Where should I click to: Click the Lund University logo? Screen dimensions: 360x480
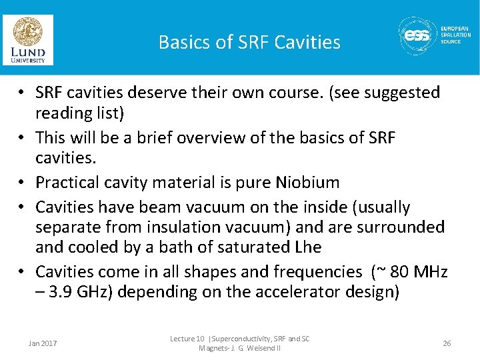tap(28, 40)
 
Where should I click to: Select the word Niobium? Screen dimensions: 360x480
tap(309, 182)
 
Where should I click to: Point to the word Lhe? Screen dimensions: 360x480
tap(308, 247)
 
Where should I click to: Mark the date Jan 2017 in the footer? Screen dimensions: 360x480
tap(43, 343)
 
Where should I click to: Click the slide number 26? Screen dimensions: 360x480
tap(447, 343)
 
